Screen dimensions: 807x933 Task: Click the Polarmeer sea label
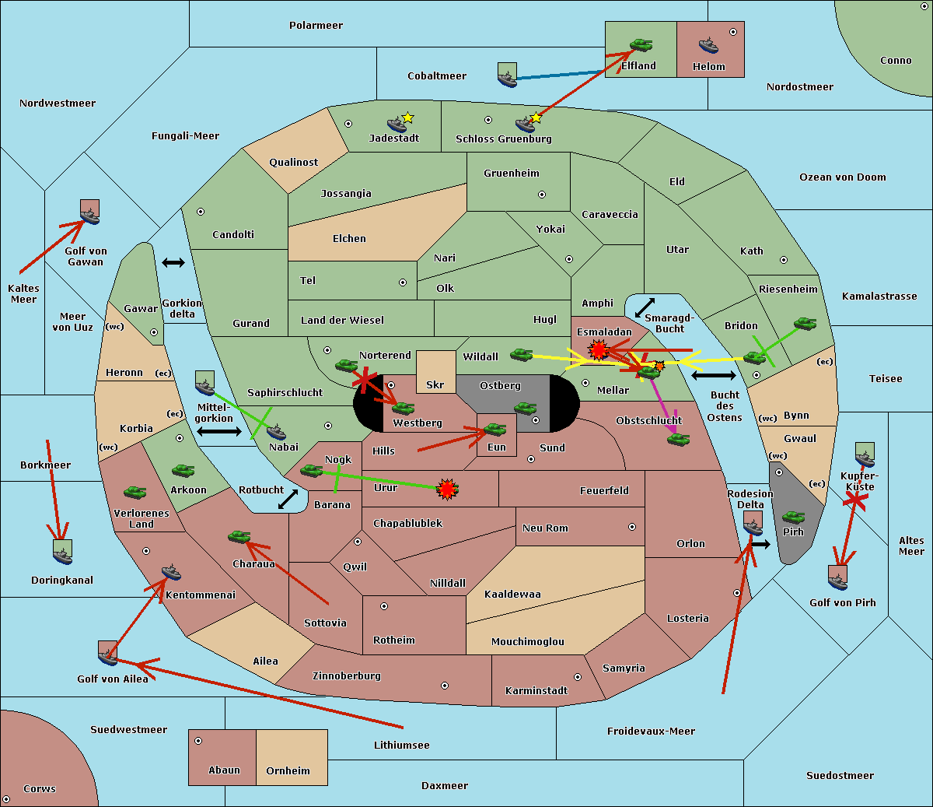(316, 26)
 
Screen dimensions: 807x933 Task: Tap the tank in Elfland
(641, 45)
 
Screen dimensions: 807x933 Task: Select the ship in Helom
(708, 45)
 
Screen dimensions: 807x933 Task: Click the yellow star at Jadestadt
(407, 118)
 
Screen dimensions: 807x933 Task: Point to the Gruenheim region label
(511, 174)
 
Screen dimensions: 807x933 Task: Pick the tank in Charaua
(239, 536)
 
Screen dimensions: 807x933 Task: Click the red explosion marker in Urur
(447, 489)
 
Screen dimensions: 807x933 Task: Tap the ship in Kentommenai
(171, 573)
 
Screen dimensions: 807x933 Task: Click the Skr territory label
(435, 384)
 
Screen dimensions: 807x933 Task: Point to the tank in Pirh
(793, 517)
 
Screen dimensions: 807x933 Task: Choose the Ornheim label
(288, 770)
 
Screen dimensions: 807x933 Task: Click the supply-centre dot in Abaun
(198, 741)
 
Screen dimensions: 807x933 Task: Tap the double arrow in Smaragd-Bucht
(645, 307)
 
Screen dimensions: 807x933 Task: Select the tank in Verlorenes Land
(135, 492)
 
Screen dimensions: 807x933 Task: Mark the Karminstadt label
(536, 690)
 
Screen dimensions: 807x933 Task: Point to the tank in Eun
(495, 430)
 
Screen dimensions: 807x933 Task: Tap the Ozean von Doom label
(842, 177)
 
